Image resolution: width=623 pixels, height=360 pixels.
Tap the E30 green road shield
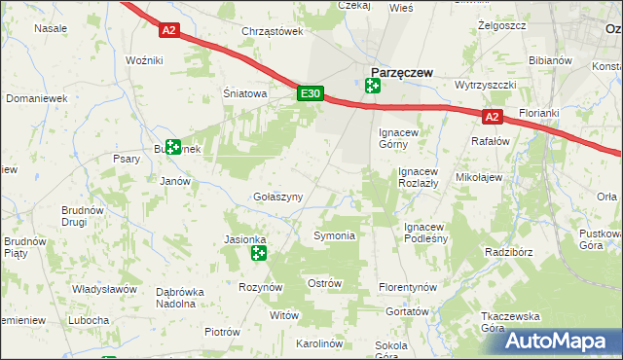310,93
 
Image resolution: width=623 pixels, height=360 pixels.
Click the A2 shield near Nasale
169,30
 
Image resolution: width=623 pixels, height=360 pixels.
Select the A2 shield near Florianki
492,117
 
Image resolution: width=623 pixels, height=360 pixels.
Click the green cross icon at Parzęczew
372,86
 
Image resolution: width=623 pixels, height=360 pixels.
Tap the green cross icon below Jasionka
258,254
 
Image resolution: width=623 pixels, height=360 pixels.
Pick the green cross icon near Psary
172,148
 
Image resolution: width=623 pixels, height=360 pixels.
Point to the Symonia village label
333,236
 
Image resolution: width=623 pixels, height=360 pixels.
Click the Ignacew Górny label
398,137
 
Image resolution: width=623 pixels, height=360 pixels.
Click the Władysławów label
104,289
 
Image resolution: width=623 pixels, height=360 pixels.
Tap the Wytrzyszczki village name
484,85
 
